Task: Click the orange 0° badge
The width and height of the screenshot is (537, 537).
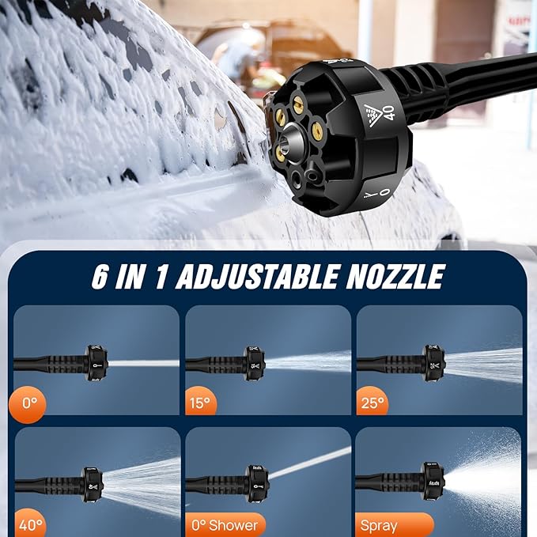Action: [x=29, y=405]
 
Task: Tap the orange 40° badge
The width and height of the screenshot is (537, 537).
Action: [x=31, y=524]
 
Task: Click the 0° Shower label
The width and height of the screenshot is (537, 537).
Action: [x=225, y=524]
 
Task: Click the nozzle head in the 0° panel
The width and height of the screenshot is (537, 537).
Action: [x=96, y=363]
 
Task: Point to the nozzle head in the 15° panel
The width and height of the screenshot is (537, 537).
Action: [x=255, y=363]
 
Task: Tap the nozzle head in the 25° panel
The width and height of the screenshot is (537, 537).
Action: [x=433, y=363]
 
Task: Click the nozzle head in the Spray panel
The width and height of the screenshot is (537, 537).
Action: [x=433, y=481]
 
